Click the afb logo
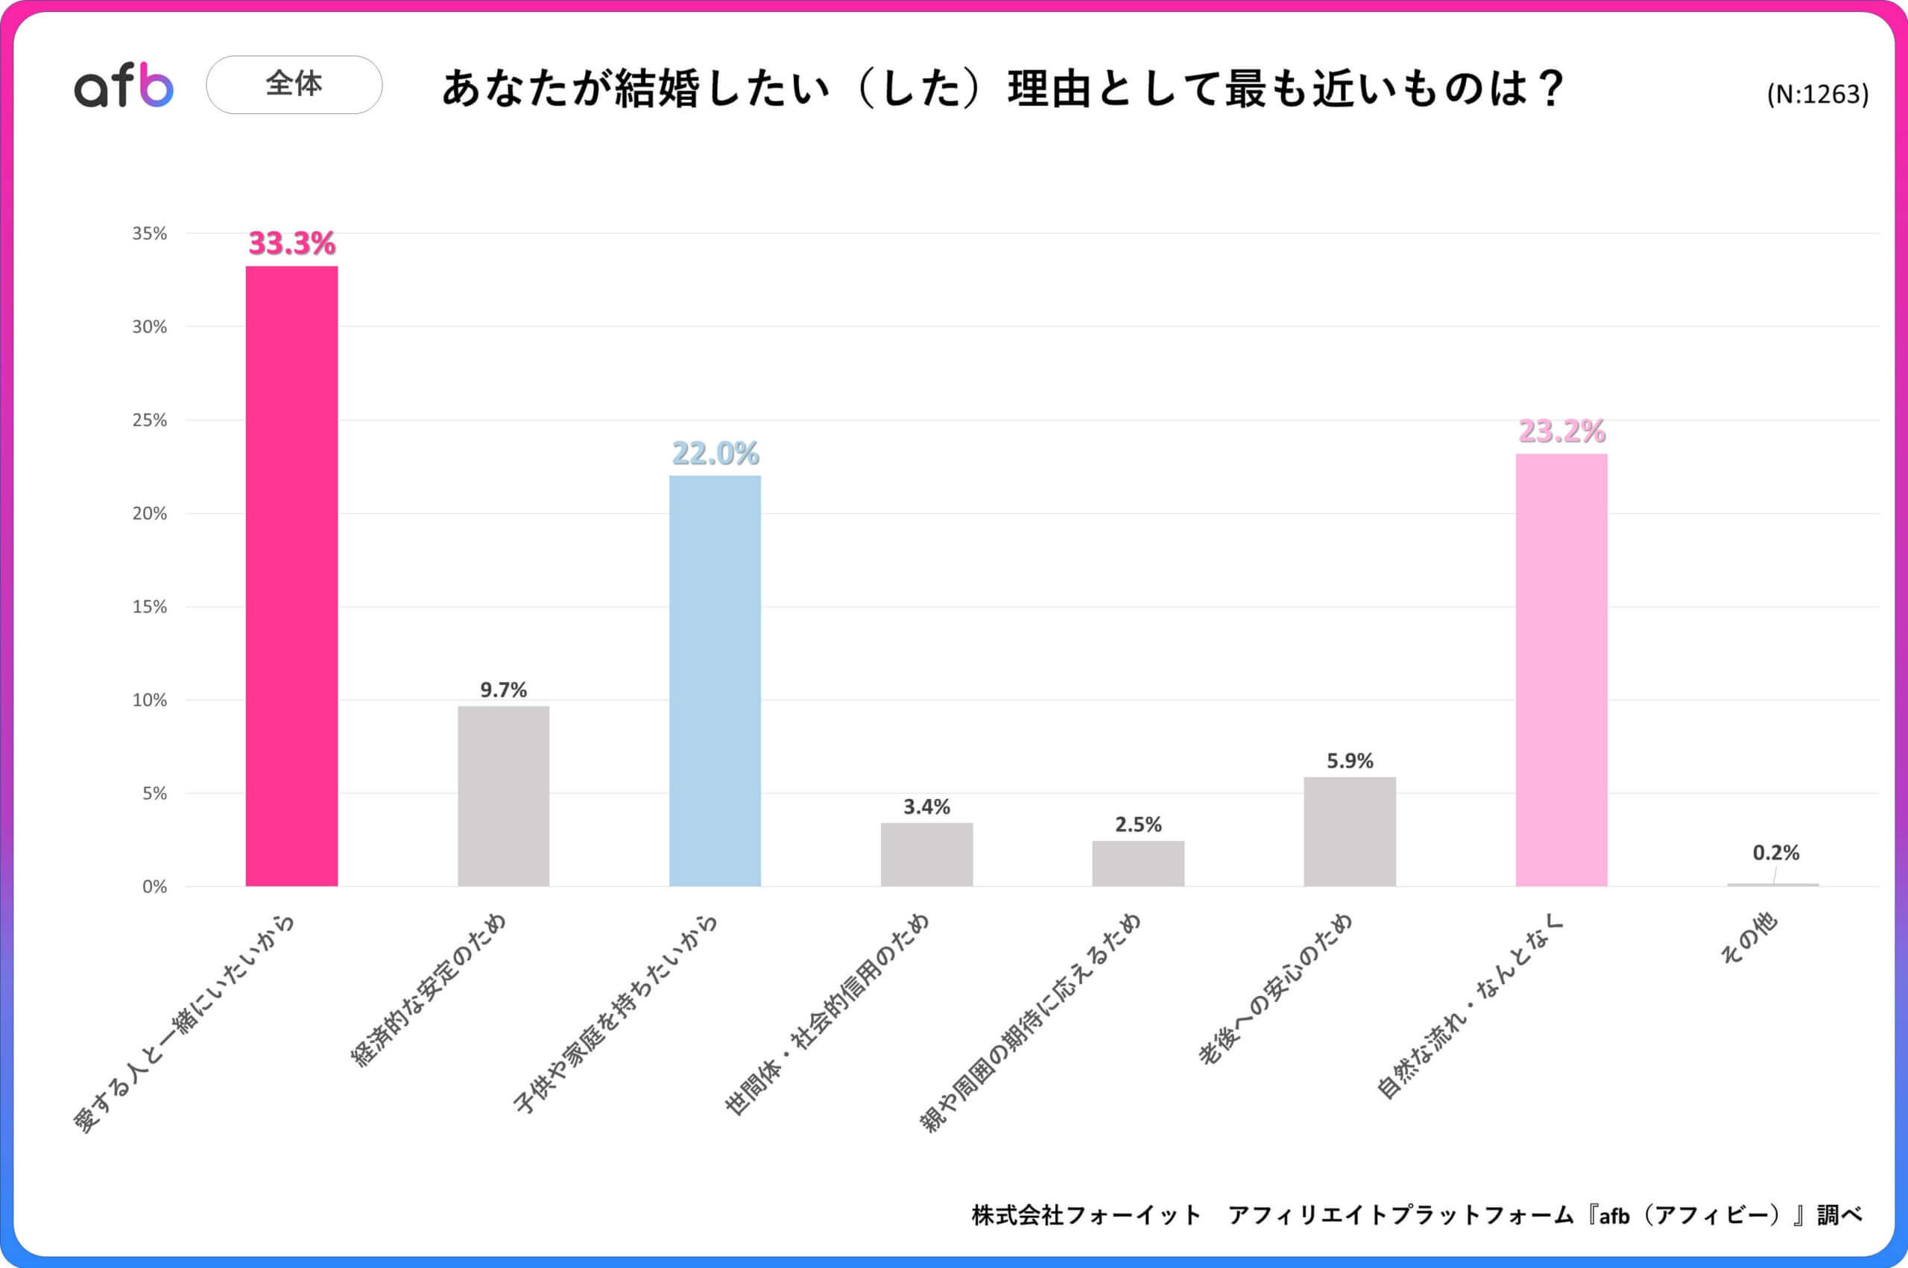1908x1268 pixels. (124, 86)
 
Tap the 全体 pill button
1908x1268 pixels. (294, 84)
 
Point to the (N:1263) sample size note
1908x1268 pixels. (1816, 95)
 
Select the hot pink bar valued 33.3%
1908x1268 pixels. (292, 575)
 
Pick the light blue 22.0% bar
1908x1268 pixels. (715, 681)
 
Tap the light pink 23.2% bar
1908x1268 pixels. (1561, 669)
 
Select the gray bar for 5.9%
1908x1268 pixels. (1349, 831)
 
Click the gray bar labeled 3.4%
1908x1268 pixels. (926, 855)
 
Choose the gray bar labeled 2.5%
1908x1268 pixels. (1137, 863)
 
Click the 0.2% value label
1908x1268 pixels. (1775, 852)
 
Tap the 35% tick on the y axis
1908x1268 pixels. (150, 234)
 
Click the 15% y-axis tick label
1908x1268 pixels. (150, 607)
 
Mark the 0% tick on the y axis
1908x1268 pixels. (154, 886)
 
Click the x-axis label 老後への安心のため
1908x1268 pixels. (1275, 991)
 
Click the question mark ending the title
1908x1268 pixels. (1553, 87)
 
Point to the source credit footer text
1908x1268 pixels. (1416, 1214)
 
